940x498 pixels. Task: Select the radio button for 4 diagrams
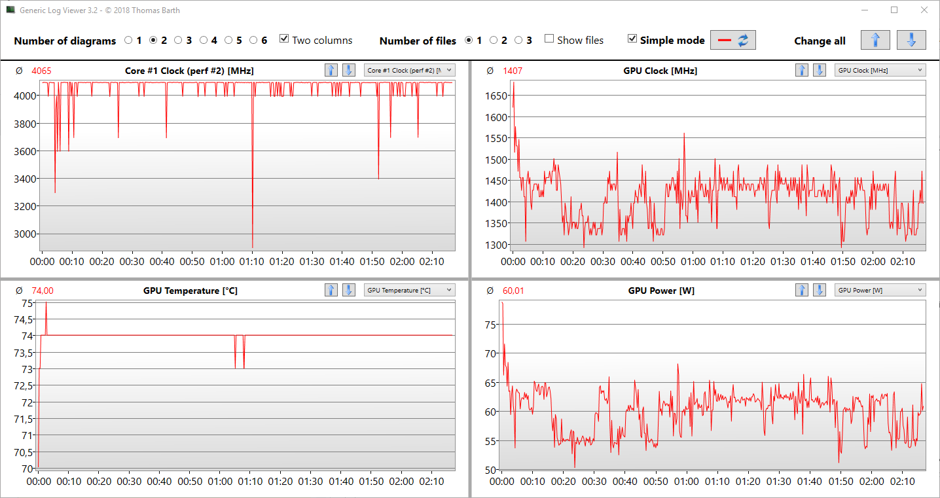204,40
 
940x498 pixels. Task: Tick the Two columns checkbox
284,39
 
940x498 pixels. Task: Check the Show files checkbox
549,39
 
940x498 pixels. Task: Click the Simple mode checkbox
632,39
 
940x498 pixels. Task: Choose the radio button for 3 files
518,40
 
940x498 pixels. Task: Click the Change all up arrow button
875,40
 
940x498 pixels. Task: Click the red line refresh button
733,40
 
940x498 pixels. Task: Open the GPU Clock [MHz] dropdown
880,70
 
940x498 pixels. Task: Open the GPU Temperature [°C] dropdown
409,290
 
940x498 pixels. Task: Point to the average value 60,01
513,291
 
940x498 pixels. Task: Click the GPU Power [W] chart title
660,291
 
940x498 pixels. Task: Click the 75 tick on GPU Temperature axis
28,303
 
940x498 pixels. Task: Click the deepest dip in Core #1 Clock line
253,247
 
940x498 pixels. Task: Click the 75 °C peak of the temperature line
46,303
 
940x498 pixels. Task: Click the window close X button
924,10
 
